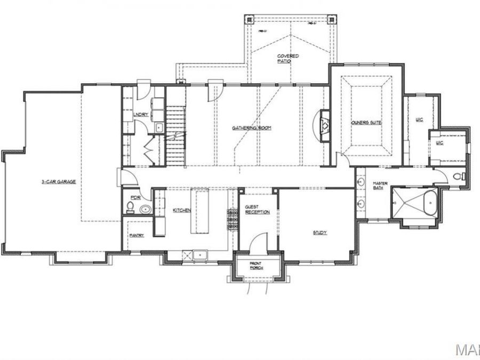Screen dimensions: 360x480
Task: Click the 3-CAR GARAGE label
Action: (59, 181)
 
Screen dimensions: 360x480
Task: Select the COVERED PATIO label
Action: (287, 59)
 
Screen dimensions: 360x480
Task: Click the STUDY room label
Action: (320, 233)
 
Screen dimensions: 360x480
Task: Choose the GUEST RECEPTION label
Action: (257, 209)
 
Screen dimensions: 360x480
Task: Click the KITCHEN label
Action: (181, 210)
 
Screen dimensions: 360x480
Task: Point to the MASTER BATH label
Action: (380, 186)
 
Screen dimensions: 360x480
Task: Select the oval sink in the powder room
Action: (144, 210)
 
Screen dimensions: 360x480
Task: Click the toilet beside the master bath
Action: (460, 176)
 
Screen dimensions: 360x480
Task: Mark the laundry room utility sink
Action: (159, 128)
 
